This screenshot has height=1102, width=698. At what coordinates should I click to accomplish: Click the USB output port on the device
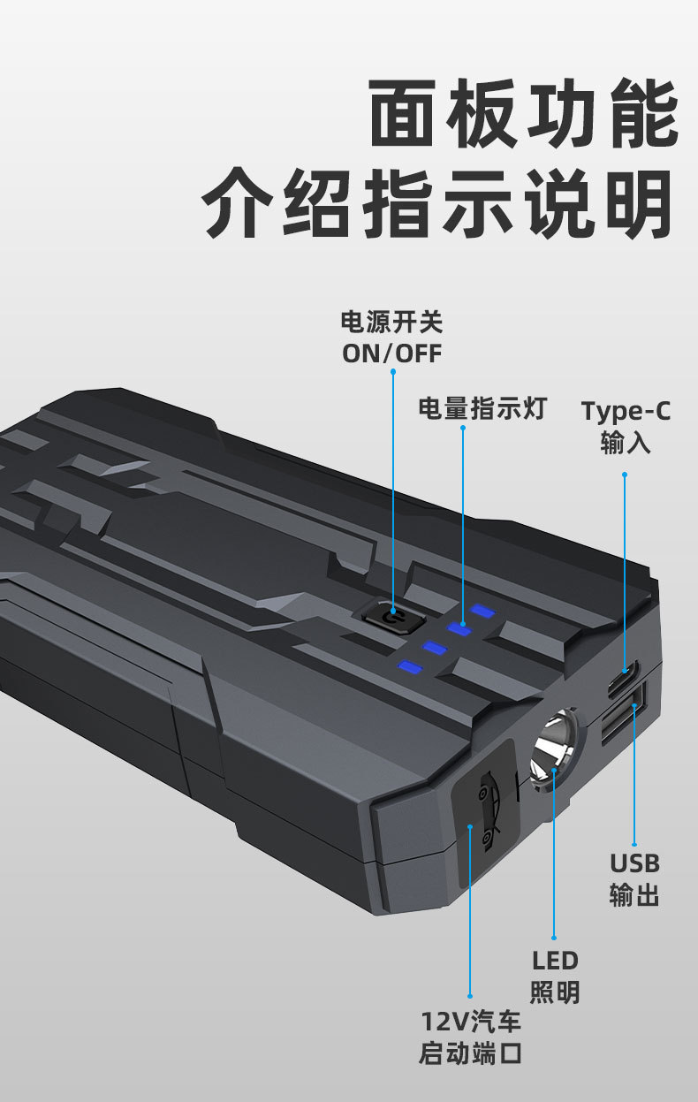(x=622, y=717)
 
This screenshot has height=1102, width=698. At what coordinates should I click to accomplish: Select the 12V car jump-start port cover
(x=484, y=808)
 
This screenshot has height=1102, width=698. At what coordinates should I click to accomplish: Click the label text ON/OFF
(x=391, y=353)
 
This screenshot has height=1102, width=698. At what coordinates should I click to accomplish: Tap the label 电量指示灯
(x=482, y=408)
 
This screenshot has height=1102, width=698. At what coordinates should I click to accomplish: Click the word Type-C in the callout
(x=626, y=411)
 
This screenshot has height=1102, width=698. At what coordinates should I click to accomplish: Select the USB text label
(x=634, y=863)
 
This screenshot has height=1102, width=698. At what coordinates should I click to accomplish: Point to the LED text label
(x=555, y=961)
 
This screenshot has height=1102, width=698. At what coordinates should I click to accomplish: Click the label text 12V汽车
(x=471, y=1022)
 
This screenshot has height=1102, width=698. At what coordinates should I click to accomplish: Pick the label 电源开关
(x=391, y=321)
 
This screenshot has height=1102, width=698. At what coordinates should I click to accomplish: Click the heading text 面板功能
(x=524, y=113)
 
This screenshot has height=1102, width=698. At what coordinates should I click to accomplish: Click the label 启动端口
(x=471, y=1053)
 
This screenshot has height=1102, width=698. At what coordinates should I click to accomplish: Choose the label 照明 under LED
(x=555, y=992)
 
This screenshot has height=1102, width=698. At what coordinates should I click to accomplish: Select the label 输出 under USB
(x=634, y=894)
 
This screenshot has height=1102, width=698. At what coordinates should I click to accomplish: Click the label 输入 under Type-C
(x=626, y=442)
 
